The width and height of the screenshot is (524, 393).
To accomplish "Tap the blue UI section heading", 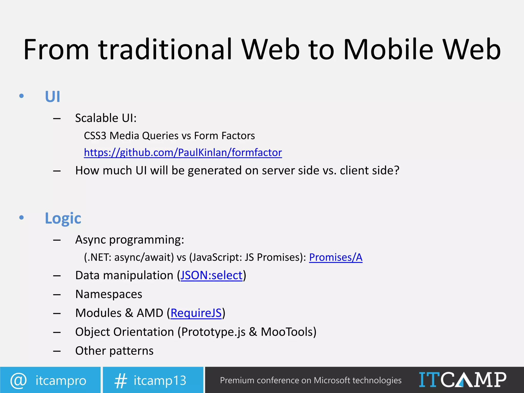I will click(52, 97).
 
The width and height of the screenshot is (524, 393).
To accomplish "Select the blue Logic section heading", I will click(63, 218).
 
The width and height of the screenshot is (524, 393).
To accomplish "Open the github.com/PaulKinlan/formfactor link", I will click(183, 152).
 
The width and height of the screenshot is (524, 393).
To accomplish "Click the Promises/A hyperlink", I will click(335, 257).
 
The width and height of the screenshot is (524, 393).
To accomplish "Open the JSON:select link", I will click(211, 276).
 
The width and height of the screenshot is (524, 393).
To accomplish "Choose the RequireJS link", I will click(196, 313).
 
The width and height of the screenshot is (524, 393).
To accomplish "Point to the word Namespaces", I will click(109, 294).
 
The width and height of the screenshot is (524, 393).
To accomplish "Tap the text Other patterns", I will click(114, 351).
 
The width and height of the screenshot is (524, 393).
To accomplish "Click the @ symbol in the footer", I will click(18, 380).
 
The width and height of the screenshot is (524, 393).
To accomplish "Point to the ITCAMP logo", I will click(462, 380).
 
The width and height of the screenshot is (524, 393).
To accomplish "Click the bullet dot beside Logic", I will click(21, 218).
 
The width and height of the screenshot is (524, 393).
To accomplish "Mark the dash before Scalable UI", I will click(57, 118).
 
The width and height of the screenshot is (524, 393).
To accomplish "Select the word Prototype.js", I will click(213, 332).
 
